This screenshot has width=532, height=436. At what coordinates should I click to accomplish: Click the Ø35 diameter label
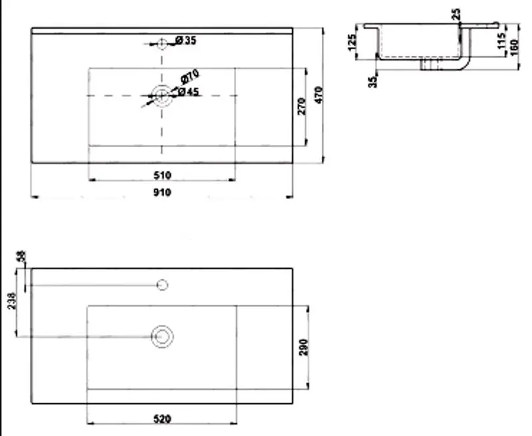tap(187, 41)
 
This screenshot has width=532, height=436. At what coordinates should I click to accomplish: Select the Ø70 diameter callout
tap(191, 77)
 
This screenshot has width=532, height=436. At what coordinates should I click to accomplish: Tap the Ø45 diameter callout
tap(190, 92)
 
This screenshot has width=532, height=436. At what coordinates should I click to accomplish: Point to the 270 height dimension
tap(301, 106)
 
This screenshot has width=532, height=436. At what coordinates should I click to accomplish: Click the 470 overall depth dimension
tap(319, 95)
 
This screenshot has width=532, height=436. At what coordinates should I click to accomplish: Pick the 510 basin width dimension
tap(162, 175)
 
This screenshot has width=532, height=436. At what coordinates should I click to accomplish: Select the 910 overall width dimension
tap(162, 192)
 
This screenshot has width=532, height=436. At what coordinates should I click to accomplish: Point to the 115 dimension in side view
tap(503, 41)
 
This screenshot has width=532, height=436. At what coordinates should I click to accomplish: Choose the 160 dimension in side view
tap(514, 44)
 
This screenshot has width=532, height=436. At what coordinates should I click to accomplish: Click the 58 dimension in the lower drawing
tap(21, 256)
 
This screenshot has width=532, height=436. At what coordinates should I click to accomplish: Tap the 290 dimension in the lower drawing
tap(303, 347)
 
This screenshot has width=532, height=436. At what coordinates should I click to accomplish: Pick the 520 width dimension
tap(162, 419)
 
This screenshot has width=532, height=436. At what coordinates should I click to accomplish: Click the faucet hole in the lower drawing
tap(162, 286)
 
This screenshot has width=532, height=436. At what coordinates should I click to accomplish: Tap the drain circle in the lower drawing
tap(162, 336)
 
